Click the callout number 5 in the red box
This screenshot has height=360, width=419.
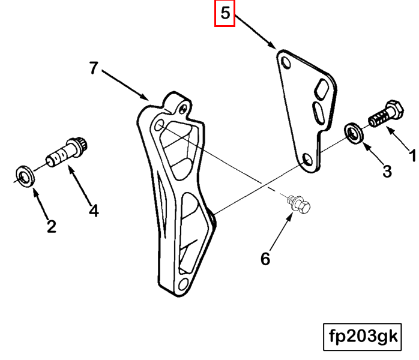pyautogui.click(x=225, y=13)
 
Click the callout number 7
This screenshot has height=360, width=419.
pyautogui.click(x=94, y=68)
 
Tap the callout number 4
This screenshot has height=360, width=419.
pyautogui.click(x=94, y=211)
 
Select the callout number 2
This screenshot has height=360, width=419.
pyautogui.click(x=52, y=226)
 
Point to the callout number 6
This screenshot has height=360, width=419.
pyautogui.click(x=265, y=259)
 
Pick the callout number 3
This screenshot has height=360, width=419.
pyautogui.click(x=387, y=171)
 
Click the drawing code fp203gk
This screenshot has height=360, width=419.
pyautogui.click(x=363, y=337)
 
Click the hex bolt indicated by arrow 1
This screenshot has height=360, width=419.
pyautogui.click(x=387, y=113)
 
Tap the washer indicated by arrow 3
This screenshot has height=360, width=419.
pyautogui.click(x=354, y=133)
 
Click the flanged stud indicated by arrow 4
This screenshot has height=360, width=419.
pyautogui.click(x=67, y=153)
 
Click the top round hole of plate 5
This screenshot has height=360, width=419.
pyautogui.click(x=286, y=62)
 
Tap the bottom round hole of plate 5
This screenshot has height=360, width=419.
pyautogui.click(x=307, y=160)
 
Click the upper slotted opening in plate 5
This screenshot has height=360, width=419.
pyautogui.click(x=322, y=89)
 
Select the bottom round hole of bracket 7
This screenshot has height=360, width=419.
pyautogui.click(x=183, y=284)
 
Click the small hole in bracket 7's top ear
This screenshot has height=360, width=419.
pyautogui.click(x=183, y=109)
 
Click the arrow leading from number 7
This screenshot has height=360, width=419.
pyautogui.click(x=125, y=85)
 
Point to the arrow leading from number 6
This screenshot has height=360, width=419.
pyautogui.click(x=281, y=232)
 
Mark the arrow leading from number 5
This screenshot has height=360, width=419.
pyautogui.click(x=256, y=32)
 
